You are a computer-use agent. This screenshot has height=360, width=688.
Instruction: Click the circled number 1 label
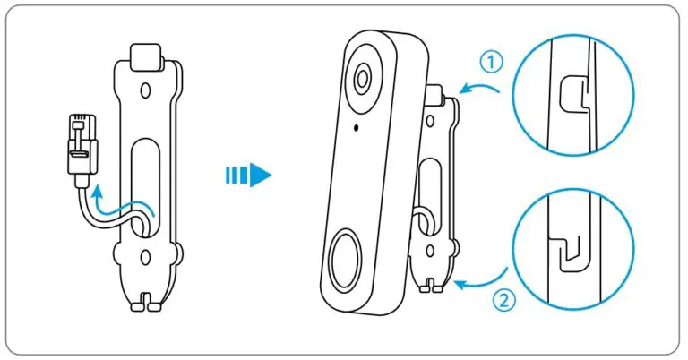tap(491, 62)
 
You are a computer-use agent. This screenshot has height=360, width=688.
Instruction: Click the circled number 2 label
tap(503, 300)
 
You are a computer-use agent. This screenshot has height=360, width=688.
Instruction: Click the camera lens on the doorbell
tap(362, 79)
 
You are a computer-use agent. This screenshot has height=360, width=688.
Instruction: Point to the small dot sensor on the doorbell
tap(356, 127)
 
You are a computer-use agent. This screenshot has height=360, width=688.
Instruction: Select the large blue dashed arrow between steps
tap(248, 175)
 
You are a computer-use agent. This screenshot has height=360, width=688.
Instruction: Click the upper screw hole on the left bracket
tap(144, 90)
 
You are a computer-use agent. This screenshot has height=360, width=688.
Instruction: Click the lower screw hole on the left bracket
tap(144, 256)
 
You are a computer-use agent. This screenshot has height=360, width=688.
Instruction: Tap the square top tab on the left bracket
tap(145, 57)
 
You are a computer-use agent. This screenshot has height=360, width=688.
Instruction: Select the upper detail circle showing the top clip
tap(573, 95)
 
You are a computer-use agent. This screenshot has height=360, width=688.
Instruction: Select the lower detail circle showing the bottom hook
tap(573, 250)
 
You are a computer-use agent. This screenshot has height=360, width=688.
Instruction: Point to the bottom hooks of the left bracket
tap(146, 303)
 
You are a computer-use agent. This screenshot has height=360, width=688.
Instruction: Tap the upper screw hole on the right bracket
tap(430, 121)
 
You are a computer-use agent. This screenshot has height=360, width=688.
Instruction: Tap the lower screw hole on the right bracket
tap(430, 252)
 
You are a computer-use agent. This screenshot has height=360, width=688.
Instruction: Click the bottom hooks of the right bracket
tap(430, 286)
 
